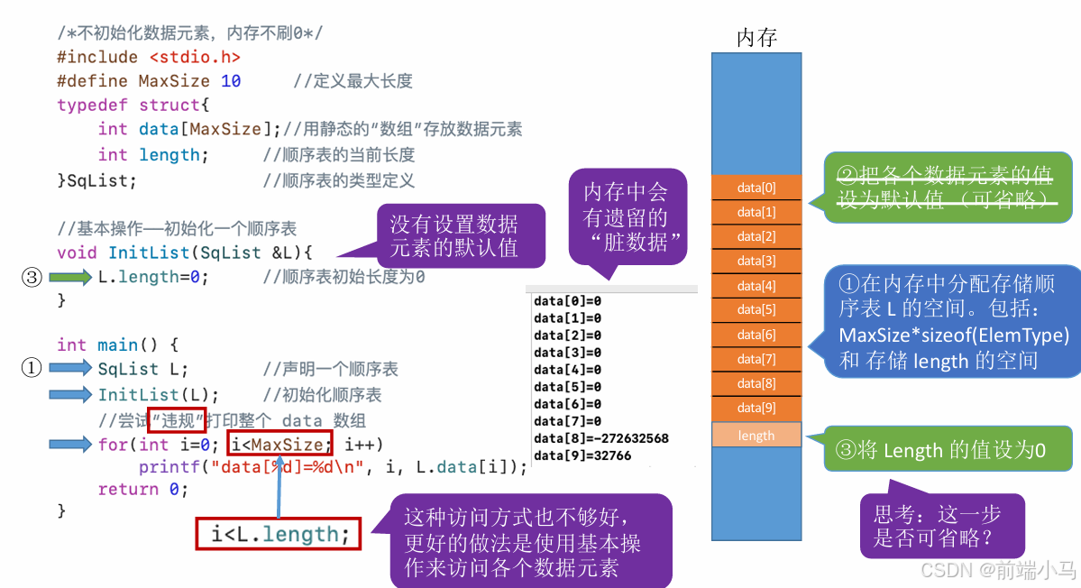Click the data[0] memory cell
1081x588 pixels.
point(756,188)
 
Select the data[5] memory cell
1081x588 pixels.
point(756,309)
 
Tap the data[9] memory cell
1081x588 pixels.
point(756,408)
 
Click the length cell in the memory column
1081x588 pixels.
point(756,436)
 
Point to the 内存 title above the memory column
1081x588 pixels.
point(756,37)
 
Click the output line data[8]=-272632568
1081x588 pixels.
point(601,438)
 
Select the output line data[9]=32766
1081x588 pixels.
point(582,455)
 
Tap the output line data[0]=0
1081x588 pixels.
point(567,300)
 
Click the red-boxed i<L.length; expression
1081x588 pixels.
point(279,534)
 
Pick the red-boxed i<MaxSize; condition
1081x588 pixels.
point(280,444)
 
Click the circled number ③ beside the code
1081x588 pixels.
point(32,278)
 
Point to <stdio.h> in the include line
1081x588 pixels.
point(195,57)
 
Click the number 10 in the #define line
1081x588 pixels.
point(231,81)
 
